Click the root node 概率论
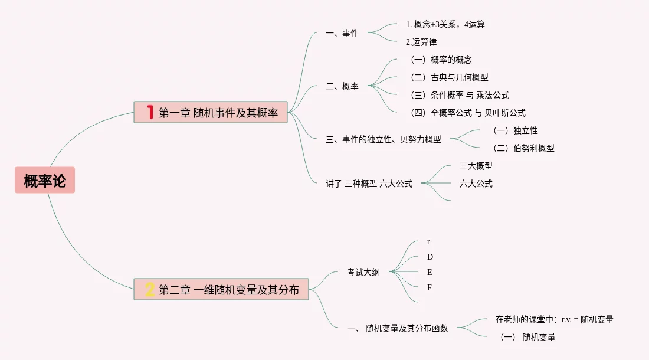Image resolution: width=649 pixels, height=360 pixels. click(x=45, y=181)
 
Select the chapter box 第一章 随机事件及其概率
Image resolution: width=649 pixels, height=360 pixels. click(x=211, y=112)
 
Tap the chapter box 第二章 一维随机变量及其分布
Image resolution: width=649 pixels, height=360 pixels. click(x=221, y=289)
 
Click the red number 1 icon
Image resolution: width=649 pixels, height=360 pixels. click(x=150, y=112)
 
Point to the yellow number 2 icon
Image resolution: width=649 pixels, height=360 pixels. click(x=150, y=289)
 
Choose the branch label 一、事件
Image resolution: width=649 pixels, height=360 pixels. click(x=342, y=34)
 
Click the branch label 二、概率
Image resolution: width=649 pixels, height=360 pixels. click(x=342, y=86)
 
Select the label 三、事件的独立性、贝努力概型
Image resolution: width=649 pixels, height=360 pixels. click(x=383, y=140)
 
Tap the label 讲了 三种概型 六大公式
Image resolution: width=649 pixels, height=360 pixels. click(x=369, y=184)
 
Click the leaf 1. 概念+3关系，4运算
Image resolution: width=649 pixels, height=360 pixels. click(x=445, y=25)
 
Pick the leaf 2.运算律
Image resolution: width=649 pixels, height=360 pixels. click(x=421, y=42)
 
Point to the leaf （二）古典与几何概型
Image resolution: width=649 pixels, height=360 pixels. click(x=448, y=77)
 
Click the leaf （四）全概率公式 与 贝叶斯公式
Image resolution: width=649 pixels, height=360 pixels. click(x=466, y=113)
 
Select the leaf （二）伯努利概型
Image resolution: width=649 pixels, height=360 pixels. click(x=522, y=148)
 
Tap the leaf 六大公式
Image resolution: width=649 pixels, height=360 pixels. click(x=476, y=184)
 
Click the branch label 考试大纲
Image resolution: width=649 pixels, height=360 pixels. click(x=363, y=272)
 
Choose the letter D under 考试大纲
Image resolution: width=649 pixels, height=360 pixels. click(x=430, y=257)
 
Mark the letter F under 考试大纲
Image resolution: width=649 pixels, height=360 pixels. click(x=430, y=287)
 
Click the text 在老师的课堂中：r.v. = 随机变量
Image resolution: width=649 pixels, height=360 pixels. click(x=555, y=319)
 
